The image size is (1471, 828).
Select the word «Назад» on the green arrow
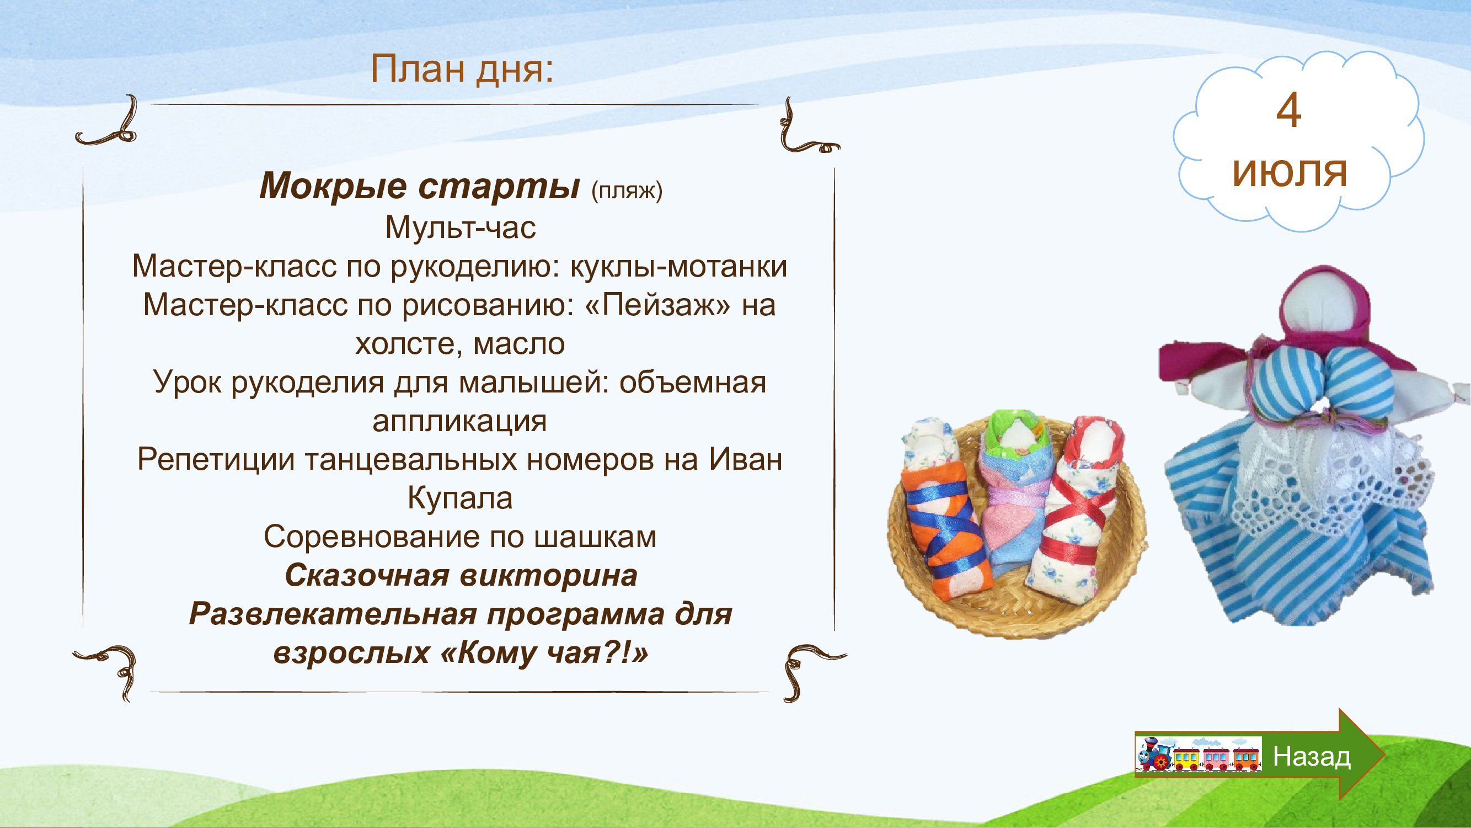[1312, 757]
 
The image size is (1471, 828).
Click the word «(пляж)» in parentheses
[627, 190]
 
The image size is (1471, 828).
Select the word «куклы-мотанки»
[678, 266]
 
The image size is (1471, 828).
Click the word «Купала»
[459, 498]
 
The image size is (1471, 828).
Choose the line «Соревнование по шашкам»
[460, 537]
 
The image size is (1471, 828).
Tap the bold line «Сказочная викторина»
[461, 575]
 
